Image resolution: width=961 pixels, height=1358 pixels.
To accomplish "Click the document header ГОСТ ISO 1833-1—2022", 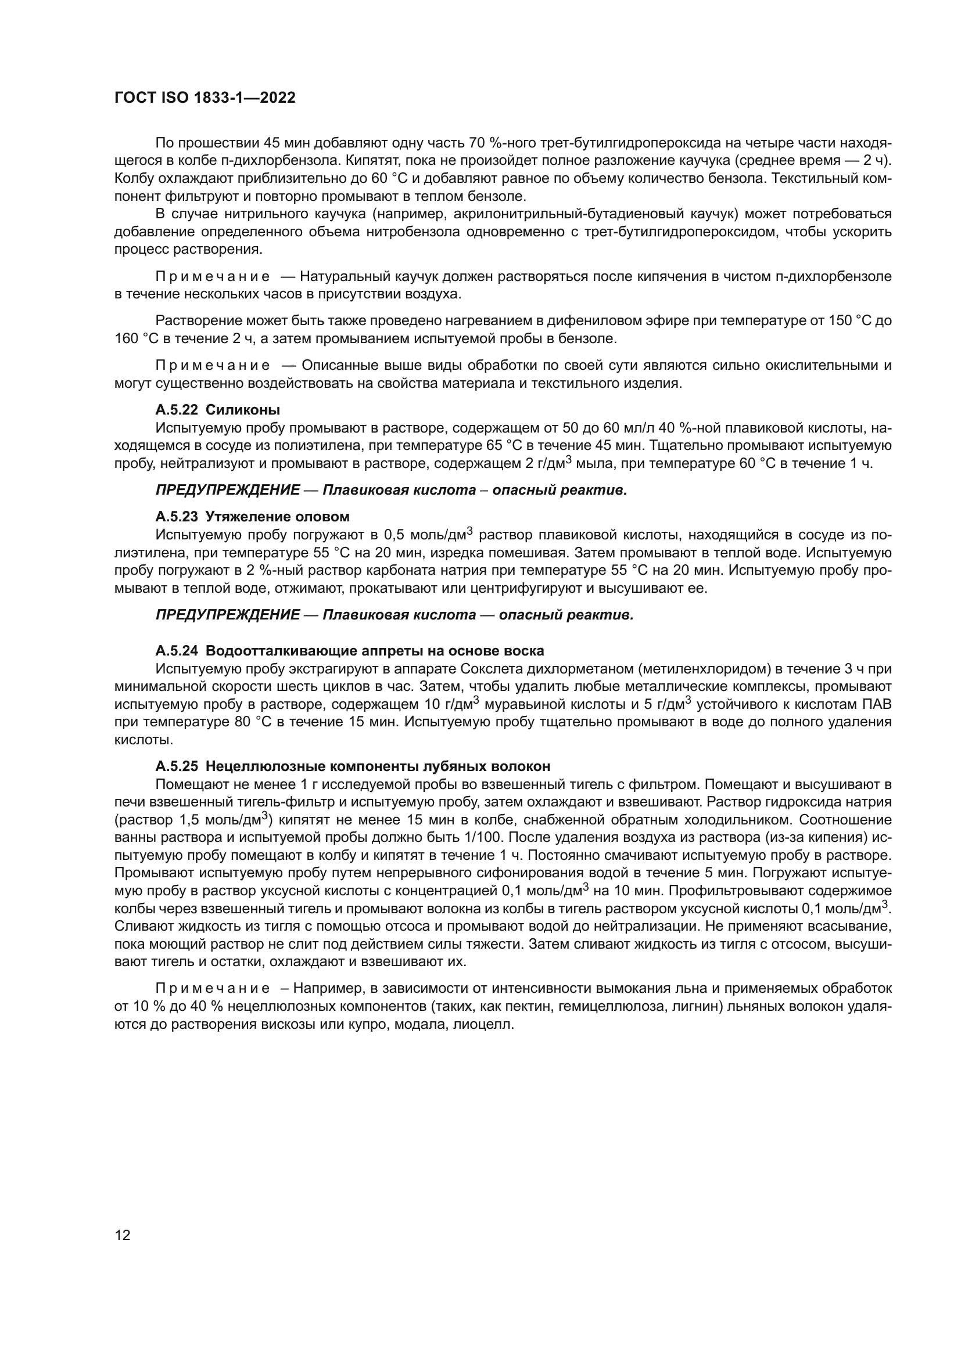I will [x=205, y=98].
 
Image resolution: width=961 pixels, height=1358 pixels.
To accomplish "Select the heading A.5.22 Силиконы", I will [x=218, y=410].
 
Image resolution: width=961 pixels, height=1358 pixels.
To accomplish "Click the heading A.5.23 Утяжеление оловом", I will [x=252, y=517].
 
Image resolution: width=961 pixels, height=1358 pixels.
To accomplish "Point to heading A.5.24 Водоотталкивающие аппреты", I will [x=349, y=651].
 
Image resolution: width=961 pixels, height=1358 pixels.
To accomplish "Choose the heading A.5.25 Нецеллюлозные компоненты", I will [x=353, y=766].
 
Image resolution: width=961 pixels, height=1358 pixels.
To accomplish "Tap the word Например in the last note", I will [x=329, y=988].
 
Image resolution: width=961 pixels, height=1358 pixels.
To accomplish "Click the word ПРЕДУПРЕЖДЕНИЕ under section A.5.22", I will [x=227, y=491].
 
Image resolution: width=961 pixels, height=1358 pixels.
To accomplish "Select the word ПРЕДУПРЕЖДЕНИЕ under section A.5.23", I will [x=227, y=615].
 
